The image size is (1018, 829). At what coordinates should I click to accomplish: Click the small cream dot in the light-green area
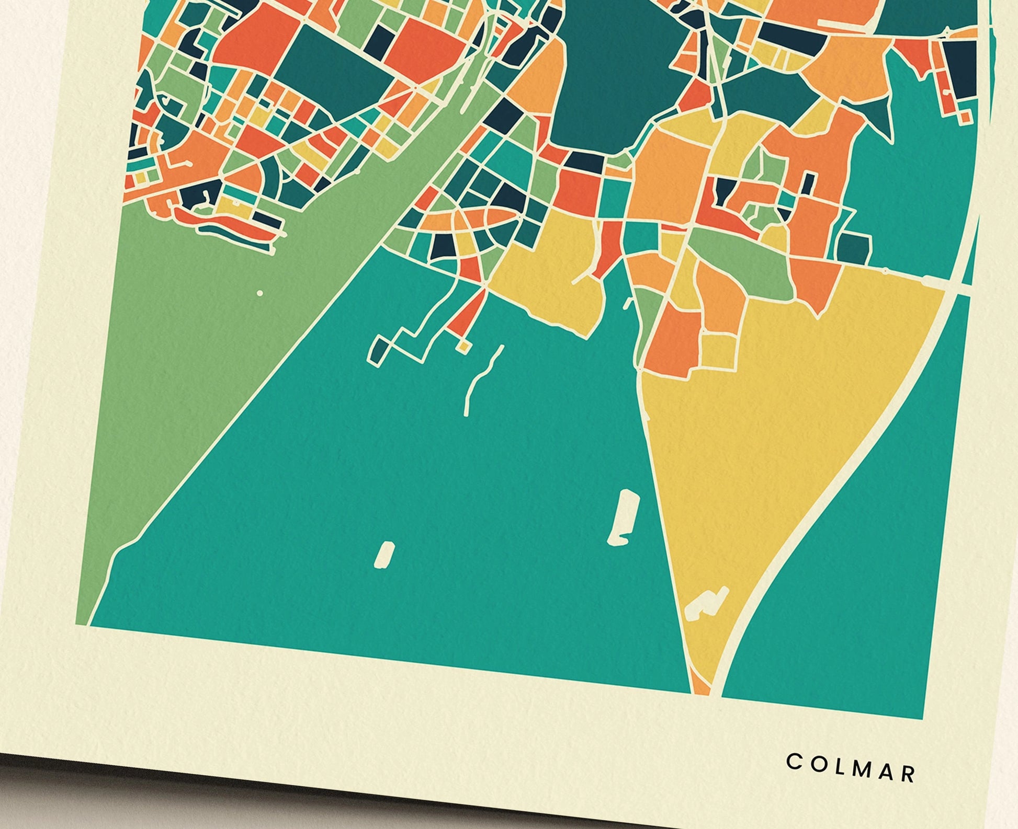[260, 293]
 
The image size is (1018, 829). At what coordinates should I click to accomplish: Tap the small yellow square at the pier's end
[463, 346]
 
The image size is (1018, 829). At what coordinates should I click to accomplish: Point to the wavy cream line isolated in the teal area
[481, 379]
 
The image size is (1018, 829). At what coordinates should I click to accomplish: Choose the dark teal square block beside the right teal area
[854, 246]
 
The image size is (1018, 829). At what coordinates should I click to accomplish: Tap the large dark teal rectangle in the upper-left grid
[335, 73]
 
